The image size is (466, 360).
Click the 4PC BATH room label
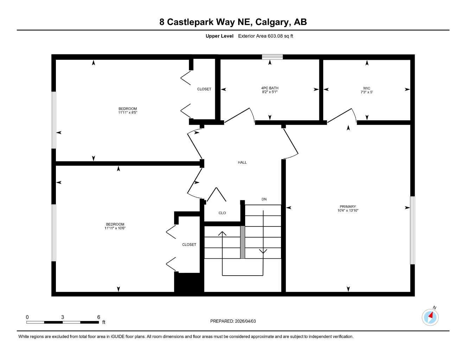tap(270, 88)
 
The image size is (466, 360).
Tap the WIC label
tap(366, 88)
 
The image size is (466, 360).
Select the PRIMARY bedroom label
tap(347, 206)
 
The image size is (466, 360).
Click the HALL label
tap(242, 162)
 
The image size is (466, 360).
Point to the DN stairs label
tap(264, 199)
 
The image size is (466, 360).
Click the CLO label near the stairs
tap(222, 213)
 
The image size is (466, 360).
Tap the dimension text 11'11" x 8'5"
tap(127, 113)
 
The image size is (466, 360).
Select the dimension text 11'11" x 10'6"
tap(115, 228)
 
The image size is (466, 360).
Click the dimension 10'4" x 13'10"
tap(347, 211)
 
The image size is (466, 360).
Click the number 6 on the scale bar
tap(98, 317)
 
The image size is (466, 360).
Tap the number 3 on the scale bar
tap(63, 317)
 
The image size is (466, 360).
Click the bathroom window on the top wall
tap(272, 57)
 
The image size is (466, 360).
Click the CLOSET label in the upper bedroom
tap(204, 89)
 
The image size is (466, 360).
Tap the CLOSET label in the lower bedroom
tap(189, 244)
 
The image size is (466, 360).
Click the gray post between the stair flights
tap(242, 242)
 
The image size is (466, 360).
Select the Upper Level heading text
tap(219, 36)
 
